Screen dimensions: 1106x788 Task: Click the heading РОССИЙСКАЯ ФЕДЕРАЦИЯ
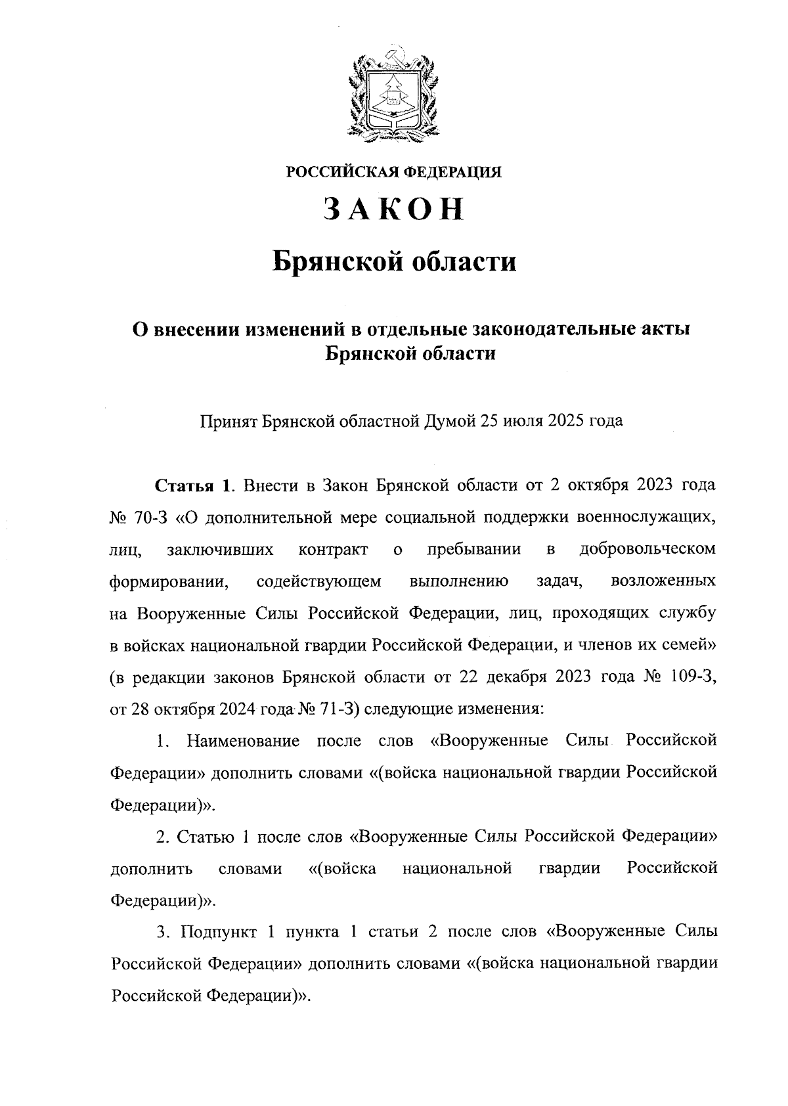393,172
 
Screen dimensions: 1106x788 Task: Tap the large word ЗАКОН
393,210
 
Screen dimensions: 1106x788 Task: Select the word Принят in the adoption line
228,420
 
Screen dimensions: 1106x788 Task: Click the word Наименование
244,741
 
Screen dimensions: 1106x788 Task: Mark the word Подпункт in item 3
220,932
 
